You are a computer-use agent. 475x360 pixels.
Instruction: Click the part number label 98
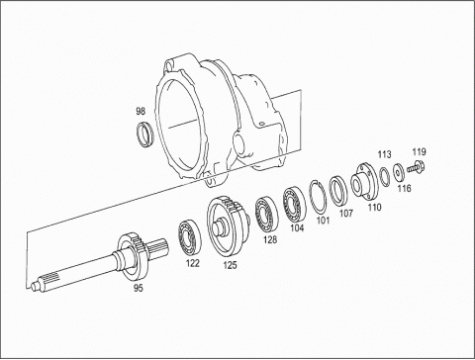(x=141, y=112)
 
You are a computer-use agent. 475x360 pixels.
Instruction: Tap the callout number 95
(x=139, y=288)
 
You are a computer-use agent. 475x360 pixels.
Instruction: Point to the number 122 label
(x=193, y=263)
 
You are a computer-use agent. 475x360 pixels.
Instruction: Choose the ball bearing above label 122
(x=189, y=235)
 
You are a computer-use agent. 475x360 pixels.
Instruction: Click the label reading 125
(x=230, y=265)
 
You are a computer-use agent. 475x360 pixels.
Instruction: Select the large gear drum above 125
(x=229, y=225)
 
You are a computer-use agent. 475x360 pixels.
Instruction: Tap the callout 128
(x=270, y=239)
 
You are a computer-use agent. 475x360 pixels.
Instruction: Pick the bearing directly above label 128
(x=266, y=215)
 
